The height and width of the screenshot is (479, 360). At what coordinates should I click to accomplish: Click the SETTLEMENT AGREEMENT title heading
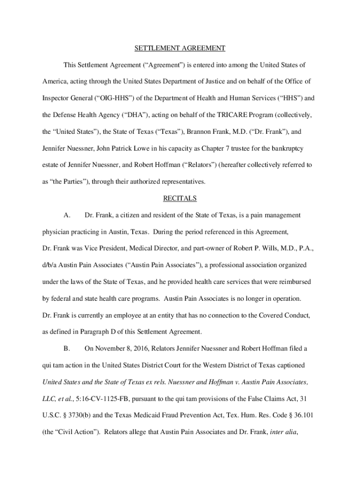tap(180, 48)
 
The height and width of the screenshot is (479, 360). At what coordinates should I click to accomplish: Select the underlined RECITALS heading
tap(180, 198)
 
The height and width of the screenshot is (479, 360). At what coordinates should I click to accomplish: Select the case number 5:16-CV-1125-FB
tap(104, 399)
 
